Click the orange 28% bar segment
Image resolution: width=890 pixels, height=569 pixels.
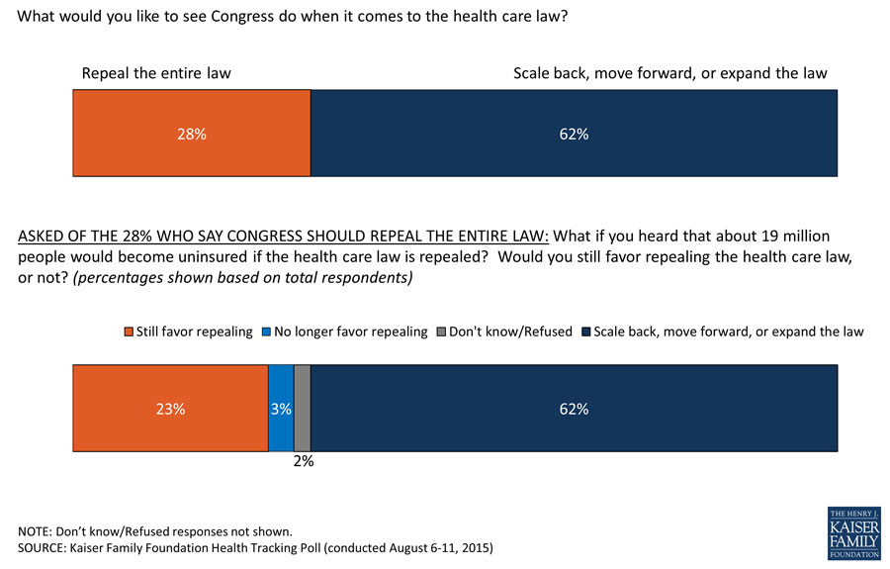tap(192, 134)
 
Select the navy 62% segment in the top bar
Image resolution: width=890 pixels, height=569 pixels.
tap(574, 134)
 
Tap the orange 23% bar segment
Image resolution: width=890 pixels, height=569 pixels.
tap(170, 408)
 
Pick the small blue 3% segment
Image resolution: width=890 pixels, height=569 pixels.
tap(281, 408)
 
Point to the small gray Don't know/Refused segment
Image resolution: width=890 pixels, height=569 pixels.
tap(303, 408)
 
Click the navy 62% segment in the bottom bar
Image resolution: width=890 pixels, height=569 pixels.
tap(574, 408)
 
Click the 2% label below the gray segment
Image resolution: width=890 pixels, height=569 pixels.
tap(303, 460)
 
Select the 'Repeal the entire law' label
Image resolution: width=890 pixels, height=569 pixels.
tap(156, 73)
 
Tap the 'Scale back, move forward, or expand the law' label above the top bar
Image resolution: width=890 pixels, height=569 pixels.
tap(669, 73)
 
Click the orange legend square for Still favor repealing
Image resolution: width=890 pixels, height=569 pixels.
tap(128, 332)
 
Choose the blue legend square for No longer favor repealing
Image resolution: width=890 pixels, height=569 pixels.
tap(265, 332)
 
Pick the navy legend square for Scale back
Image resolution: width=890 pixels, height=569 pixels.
tap(585, 332)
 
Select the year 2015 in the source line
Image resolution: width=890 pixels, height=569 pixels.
tap(472, 546)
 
